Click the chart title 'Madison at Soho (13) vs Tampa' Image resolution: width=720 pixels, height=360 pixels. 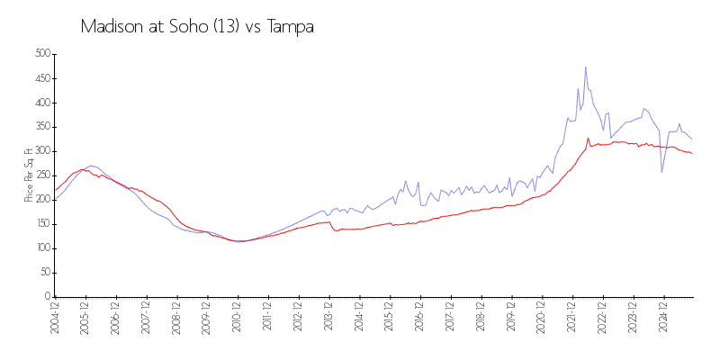point(197,27)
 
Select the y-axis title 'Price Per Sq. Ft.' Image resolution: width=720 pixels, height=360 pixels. point(29,175)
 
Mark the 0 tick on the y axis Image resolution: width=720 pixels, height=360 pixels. point(47,296)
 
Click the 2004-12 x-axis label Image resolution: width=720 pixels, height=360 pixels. point(54,319)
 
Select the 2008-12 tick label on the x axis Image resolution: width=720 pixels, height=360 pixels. point(175,319)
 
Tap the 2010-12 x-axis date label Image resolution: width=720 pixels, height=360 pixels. point(237,319)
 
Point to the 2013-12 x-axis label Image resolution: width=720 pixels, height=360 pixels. point(328,319)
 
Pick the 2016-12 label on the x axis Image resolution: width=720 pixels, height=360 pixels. point(419,319)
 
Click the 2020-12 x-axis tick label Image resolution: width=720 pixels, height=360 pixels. point(541,319)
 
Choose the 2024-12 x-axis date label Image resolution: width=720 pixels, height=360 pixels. point(662,319)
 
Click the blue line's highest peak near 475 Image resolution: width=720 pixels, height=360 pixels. point(585,67)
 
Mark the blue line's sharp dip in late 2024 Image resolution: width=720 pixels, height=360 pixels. point(661,172)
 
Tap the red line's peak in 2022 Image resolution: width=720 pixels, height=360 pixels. point(589,139)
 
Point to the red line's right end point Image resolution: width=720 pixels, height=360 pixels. point(691,154)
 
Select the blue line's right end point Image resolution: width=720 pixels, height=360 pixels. point(691,139)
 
